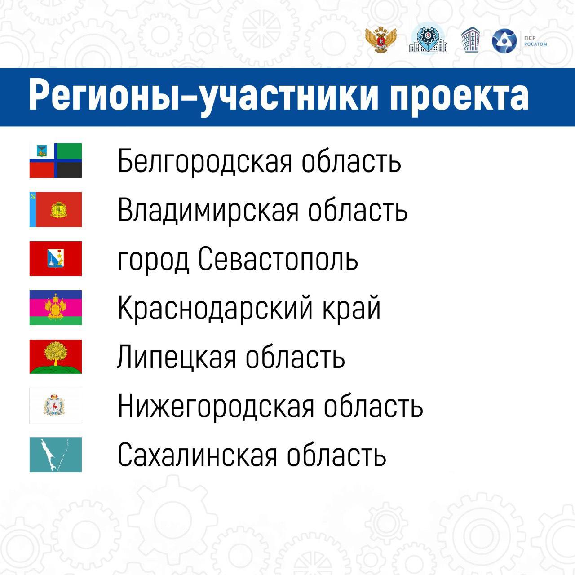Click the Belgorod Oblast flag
pyautogui.click(x=56, y=160)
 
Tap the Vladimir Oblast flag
pyautogui.click(x=56, y=209)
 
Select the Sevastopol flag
pyautogui.click(x=56, y=259)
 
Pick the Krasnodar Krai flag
pyautogui.click(x=56, y=308)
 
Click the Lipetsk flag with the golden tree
pyautogui.click(x=56, y=357)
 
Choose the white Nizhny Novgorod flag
pyautogui.click(x=56, y=406)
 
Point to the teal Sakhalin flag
pyautogui.click(x=56, y=455)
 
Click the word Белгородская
pyautogui.click(x=205, y=162)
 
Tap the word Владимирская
pyautogui.click(x=208, y=211)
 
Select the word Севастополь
pyautogui.click(x=278, y=260)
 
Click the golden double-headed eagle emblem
pyautogui.click(x=380, y=40)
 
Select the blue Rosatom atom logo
pyautogui.click(x=504, y=41)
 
